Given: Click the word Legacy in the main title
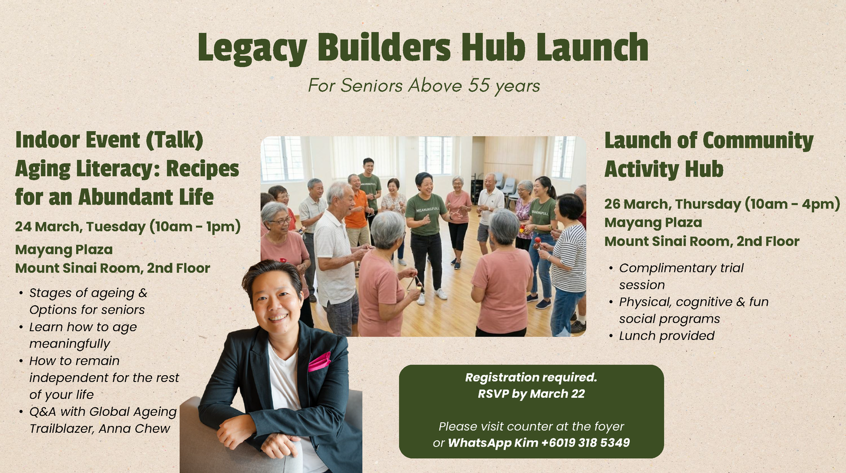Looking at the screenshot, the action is click(252, 48).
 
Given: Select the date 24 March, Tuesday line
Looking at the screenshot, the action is click(128, 226).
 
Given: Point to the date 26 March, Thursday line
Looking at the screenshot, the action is click(722, 204).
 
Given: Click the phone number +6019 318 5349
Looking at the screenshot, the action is click(585, 442).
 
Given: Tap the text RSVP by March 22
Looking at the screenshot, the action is click(531, 394).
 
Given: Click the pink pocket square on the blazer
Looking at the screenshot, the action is click(319, 361).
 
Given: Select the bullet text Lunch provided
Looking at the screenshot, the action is click(667, 335).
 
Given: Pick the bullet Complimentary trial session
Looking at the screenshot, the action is click(681, 276).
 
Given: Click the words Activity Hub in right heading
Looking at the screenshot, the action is click(664, 169).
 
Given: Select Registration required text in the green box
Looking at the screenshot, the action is click(531, 377).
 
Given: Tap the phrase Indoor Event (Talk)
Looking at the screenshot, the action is click(109, 140).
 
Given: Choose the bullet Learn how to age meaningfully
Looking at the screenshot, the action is click(83, 335).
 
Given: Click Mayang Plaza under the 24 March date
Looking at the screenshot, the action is click(64, 249).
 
